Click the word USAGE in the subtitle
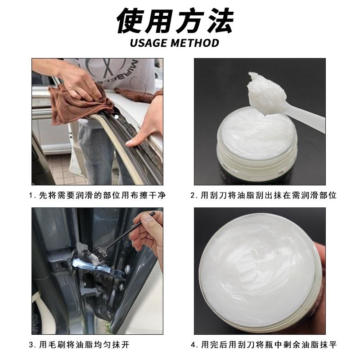click(x=149, y=43)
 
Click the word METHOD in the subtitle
click(x=195, y=43)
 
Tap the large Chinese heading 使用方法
click(x=175, y=20)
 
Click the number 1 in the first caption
click(x=31, y=196)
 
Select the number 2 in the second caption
click(x=193, y=196)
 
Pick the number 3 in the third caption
click(x=31, y=345)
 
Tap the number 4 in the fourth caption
click(x=193, y=345)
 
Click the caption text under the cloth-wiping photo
click(x=97, y=196)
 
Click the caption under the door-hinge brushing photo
click(x=79, y=345)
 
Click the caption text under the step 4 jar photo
click(x=264, y=345)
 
